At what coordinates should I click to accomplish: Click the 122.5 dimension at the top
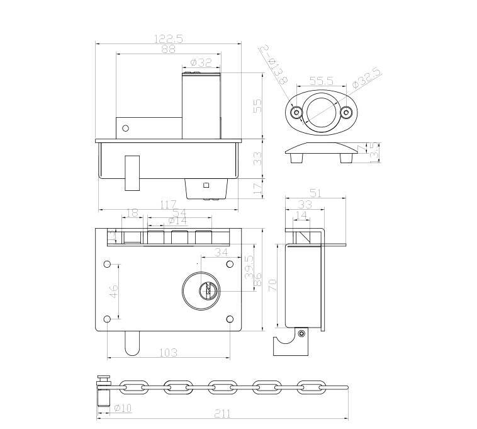[168, 38]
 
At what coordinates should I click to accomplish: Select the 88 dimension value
[169, 49]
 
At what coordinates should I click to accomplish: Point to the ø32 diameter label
[201, 62]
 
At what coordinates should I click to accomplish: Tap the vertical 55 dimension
[257, 105]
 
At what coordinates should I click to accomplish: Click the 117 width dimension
[167, 205]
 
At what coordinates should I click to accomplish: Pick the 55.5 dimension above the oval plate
[321, 81]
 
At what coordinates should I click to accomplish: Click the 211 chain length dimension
[222, 414]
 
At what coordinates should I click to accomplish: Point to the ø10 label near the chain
[122, 408]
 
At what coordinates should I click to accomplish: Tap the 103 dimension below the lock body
[167, 352]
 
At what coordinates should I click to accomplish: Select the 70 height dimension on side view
[271, 285]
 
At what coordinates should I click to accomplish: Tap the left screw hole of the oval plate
[295, 113]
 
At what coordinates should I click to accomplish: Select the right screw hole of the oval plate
[345, 113]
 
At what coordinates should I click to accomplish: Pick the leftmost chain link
[132, 386]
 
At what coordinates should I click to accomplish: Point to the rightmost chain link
[309, 386]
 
